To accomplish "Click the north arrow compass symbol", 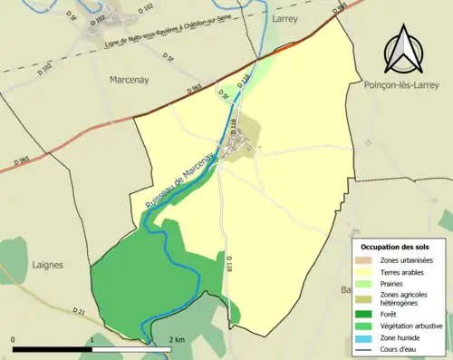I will (404, 51).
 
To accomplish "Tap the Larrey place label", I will (284, 16).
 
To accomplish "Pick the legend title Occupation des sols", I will (395, 247).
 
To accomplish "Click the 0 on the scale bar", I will (14, 339).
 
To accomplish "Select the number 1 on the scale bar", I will (93, 339).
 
